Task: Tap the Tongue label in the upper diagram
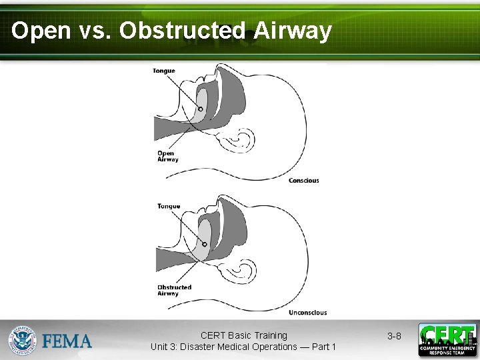click(164, 71)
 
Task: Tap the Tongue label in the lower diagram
click(169, 206)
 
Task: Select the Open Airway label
click(167, 156)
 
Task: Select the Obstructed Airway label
click(174, 290)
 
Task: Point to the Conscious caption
click(303, 181)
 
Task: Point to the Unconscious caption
click(307, 312)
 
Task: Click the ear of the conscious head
click(241, 141)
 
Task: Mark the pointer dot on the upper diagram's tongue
click(200, 109)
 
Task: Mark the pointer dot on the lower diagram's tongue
click(205, 244)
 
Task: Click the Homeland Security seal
click(22, 341)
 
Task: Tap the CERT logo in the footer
click(447, 340)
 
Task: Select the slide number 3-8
click(394, 337)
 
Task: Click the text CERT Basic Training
click(243, 335)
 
